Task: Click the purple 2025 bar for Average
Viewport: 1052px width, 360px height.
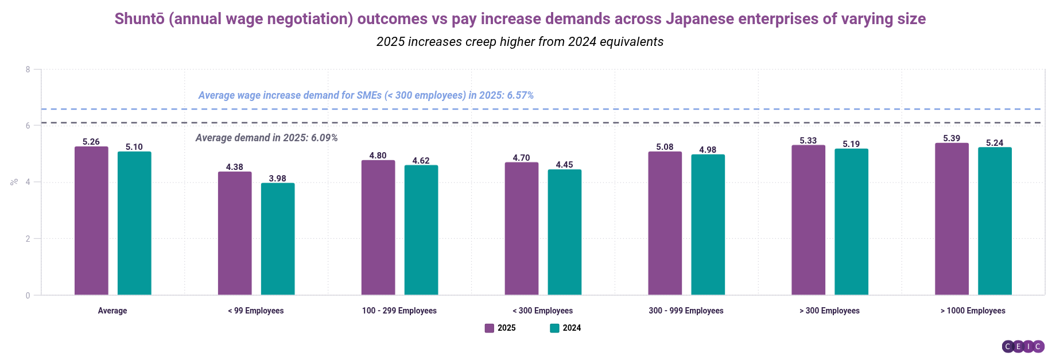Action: coord(91,221)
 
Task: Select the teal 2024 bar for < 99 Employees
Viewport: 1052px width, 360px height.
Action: coord(278,239)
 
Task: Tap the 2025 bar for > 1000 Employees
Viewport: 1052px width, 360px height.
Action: coord(952,219)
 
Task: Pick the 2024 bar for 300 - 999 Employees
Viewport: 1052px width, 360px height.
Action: coord(708,224)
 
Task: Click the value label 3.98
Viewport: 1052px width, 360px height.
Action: coord(278,179)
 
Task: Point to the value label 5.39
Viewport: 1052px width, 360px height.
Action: coord(952,138)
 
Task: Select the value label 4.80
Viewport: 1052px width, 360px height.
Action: coord(378,156)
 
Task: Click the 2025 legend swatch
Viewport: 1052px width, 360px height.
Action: coord(490,328)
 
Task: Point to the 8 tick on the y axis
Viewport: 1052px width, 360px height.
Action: coord(28,69)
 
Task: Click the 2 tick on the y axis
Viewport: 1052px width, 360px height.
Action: coord(28,239)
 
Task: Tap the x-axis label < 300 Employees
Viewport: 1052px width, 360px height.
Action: coord(542,311)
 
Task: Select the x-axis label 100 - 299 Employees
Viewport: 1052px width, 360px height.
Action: coord(399,311)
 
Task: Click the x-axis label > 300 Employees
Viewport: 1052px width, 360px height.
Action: coord(829,311)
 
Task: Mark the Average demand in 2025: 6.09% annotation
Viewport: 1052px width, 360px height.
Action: coord(266,138)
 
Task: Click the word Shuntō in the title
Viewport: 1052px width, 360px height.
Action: coord(139,19)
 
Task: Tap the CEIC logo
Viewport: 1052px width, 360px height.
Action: coord(1023,346)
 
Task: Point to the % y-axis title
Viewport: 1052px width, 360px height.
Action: coord(14,182)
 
